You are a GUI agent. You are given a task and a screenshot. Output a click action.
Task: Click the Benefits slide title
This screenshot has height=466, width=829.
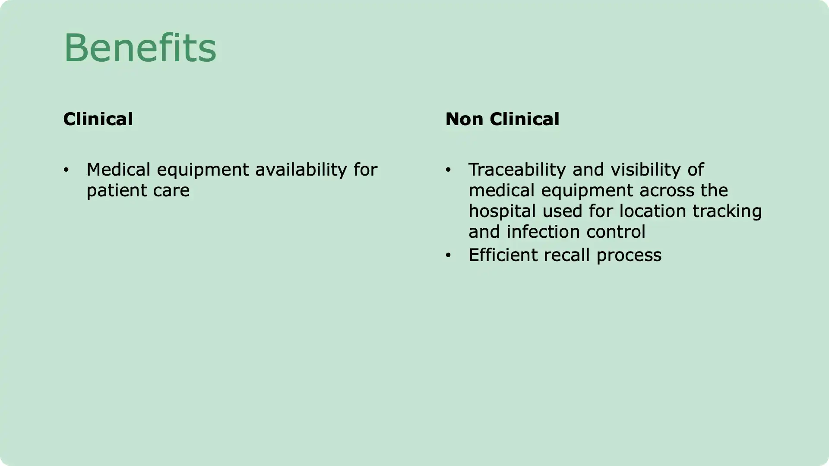[x=140, y=48]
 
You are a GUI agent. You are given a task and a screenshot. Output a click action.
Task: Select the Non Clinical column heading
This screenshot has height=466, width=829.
[x=502, y=119]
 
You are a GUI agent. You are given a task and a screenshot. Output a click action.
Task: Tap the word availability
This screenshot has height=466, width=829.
[x=301, y=170]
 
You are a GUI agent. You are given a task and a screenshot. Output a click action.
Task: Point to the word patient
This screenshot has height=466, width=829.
[x=111, y=191]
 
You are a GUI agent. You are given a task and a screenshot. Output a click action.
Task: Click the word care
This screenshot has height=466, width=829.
[x=171, y=191]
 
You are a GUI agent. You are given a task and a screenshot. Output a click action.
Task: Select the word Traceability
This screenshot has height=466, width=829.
[x=517, y=170]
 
